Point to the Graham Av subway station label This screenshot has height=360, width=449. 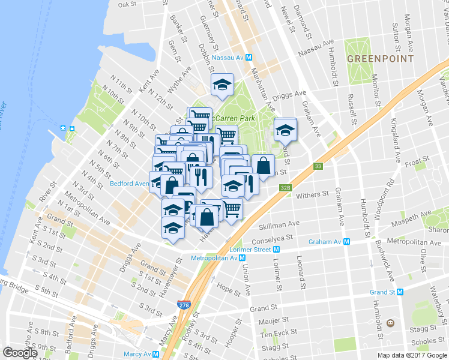[x=331, y=242]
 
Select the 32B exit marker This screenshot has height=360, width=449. [x=285, y=188]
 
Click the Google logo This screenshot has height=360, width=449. [x=20, y=353]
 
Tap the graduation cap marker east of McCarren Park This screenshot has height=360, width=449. [x=286, y=128]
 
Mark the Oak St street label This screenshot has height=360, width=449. [x=128, y=4]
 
